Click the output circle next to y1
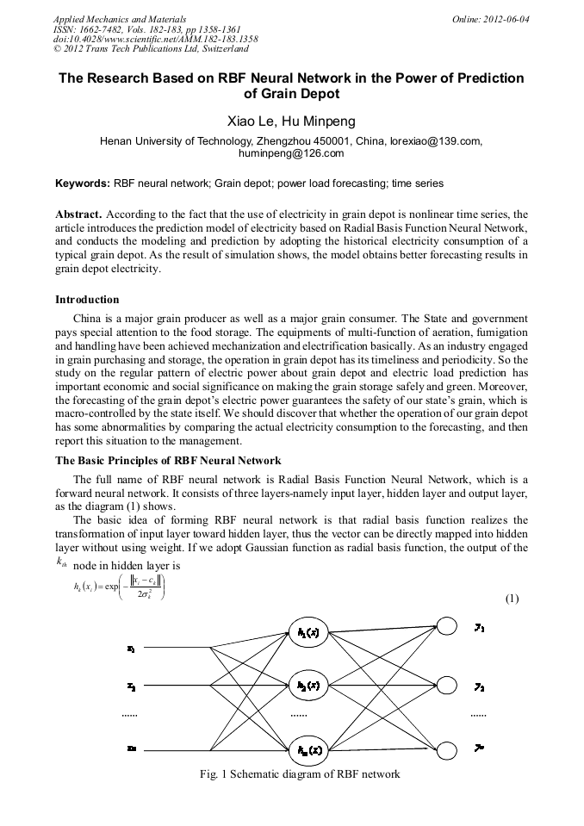point(447,626)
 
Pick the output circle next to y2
point(447,686)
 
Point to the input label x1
point(130,648)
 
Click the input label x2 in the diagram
point(130,686)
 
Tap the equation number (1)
point(512,598)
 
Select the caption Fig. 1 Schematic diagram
point(299,774)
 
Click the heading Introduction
point(87,300)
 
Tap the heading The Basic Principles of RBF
point(168,461)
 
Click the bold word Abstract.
point(78,214)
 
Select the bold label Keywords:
point(83,183)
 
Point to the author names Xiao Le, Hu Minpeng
point(291,121)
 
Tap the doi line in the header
point(155,39)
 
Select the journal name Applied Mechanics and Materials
point(119,18)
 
